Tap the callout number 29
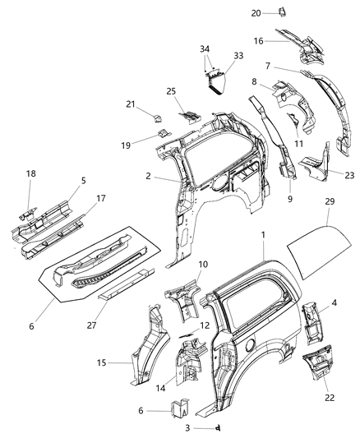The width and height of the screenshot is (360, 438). [329, 224]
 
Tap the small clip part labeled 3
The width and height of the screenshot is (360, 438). [220, 429]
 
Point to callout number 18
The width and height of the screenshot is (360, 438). [31, 175]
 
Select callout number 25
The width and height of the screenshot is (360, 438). [172, 90]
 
